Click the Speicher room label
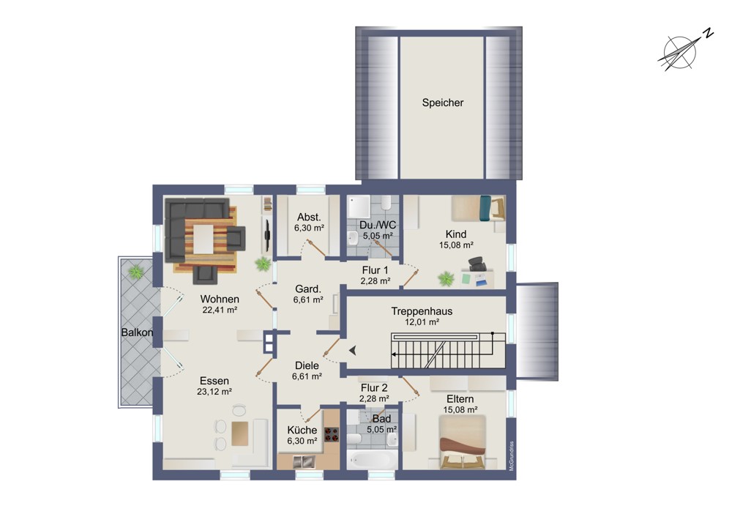pos(443,103)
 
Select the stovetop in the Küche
pos(332,434)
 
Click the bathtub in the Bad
pos(373,459)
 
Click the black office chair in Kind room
pos(477,264)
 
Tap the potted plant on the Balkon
pos(136,272)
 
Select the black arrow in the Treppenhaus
pos(353,350)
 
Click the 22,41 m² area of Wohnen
pos(220,310)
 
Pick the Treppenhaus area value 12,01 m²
pos(422,321)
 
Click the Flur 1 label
pos(375,270)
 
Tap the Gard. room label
pos(307,289)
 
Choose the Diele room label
pos(307,365)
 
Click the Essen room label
pos(214,381)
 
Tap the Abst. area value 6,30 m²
pos(309,228)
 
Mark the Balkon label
pos(138,332)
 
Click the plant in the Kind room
pos(446,279)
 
